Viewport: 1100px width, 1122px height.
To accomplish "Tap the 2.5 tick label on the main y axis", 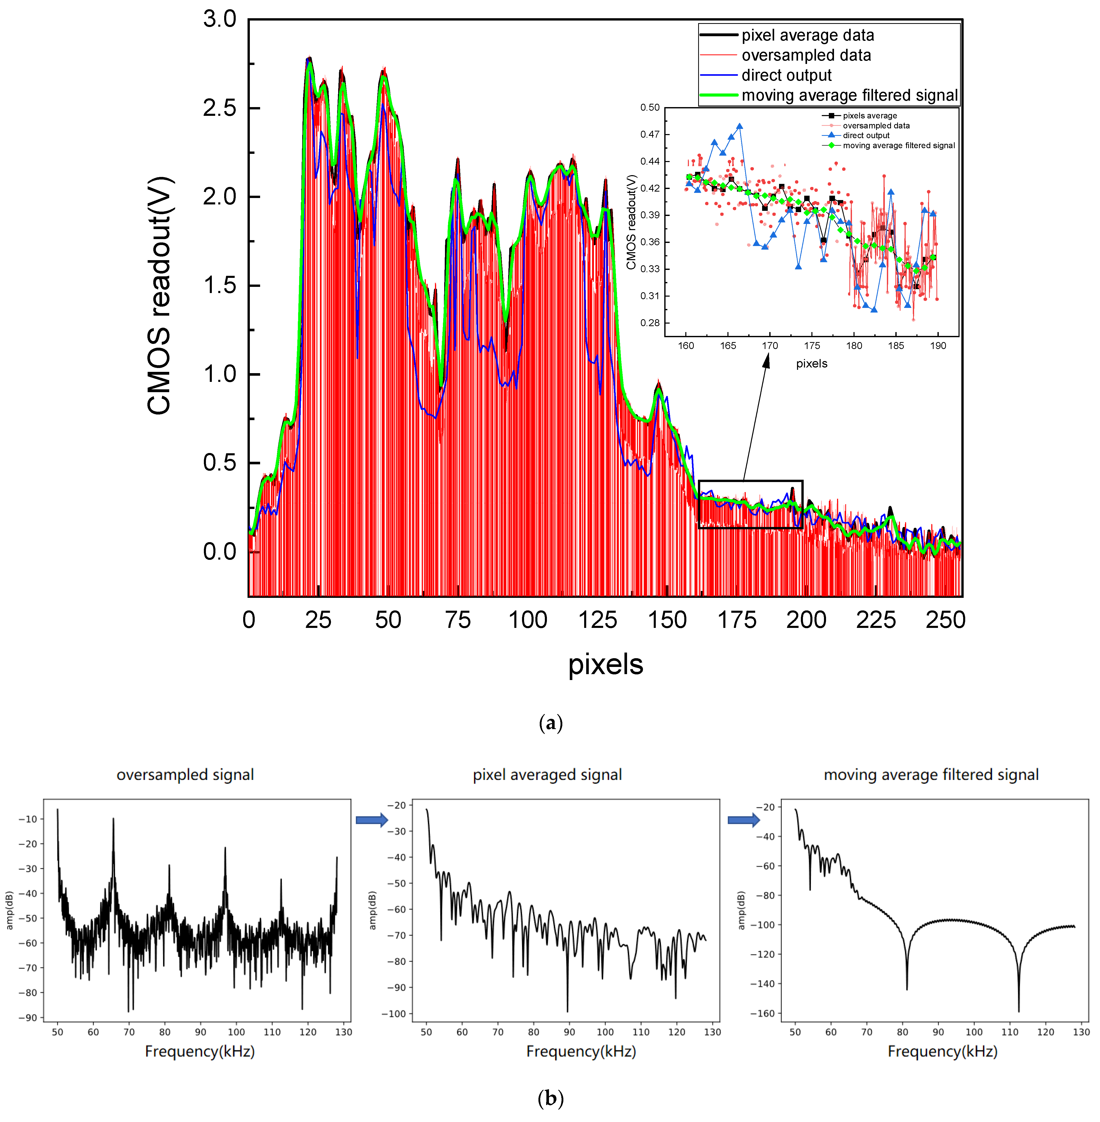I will pyautogui.click(x=220, y=108).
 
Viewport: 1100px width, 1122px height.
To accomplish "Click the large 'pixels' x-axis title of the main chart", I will pyautogui.click(x=605, y=664).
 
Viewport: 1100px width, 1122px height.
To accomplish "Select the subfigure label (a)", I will pyautogui.click(x=550, y=723).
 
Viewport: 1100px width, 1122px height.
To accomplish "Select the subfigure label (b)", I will pyautogui.click(x=550, y=1098).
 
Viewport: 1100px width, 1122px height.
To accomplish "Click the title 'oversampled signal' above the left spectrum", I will pyautogui.click(x=185, y=775).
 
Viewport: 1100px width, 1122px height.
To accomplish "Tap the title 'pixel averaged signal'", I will pyautogui.click(x=547, y=775).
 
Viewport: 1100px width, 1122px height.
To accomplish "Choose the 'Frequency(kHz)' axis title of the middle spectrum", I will pyautogui.click(x=581, y=1052).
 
